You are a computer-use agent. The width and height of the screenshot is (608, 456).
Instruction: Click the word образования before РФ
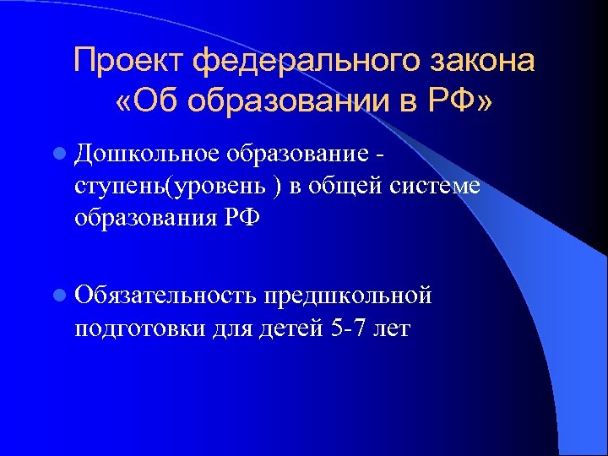click(143, 217)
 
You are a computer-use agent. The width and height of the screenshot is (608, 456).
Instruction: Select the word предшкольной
click(348, 296)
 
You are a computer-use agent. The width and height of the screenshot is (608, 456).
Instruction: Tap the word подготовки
click(134, 327)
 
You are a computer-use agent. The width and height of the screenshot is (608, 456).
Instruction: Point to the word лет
click(389, 327)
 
